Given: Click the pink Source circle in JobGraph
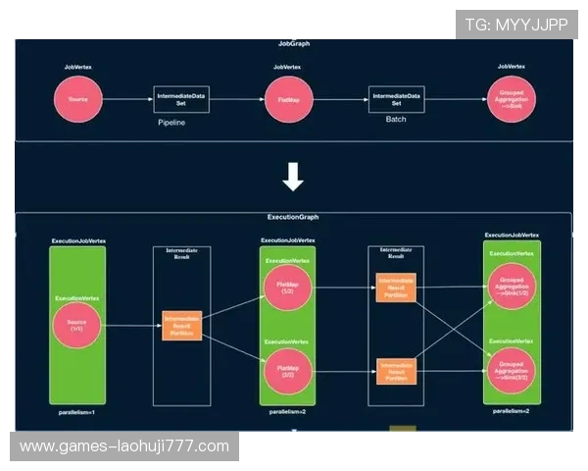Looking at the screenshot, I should click(78, 99).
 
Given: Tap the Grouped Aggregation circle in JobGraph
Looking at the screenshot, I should click(512, 99).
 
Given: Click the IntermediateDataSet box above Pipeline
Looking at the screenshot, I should click(181, 99).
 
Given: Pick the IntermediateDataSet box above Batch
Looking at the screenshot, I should click(396, 99).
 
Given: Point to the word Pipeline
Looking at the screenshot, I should click(171, 123).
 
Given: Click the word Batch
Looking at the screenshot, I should click(396, 119).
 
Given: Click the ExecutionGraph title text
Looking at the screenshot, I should click(292, 217).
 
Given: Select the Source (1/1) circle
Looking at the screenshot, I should click(76, 325).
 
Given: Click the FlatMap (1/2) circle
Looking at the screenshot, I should click(287, 288).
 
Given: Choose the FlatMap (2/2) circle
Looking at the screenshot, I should click(287, 370).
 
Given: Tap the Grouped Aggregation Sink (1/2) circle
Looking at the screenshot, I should click(512, 288).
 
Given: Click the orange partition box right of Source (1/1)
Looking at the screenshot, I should click(181, 325).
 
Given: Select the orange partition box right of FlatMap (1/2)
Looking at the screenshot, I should click(396, 288).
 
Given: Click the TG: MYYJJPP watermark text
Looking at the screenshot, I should click(516, 24).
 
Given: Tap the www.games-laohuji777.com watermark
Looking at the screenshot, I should click(124, 446).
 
